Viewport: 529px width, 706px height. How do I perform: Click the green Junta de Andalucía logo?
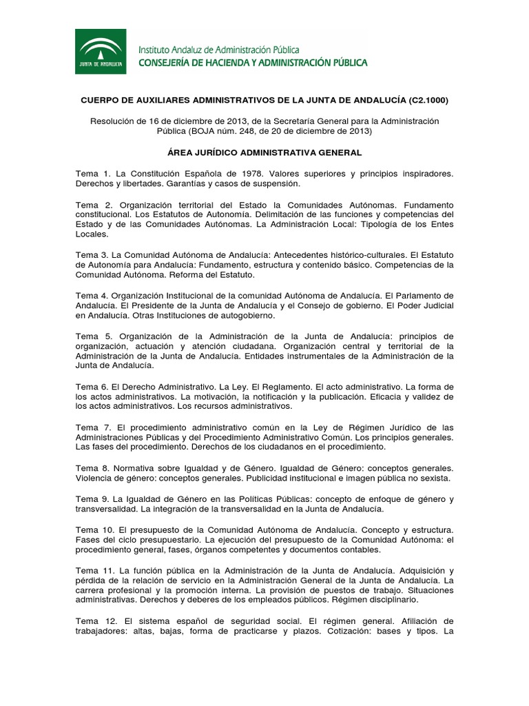[x=101, y=51]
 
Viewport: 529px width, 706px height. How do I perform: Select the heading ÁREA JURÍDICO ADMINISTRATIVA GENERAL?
[x=264, y=152]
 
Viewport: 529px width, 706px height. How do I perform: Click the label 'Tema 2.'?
[x=94, y=205]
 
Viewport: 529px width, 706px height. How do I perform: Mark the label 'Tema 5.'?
[x=94, y=336]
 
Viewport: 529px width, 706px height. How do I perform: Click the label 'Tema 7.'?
[x=94, y=427]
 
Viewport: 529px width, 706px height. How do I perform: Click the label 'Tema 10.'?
[x=96, y=529]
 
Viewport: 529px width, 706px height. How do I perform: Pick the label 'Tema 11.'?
[x=96, y=570]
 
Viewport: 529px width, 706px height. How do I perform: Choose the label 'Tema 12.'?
[x=96, y=621]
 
